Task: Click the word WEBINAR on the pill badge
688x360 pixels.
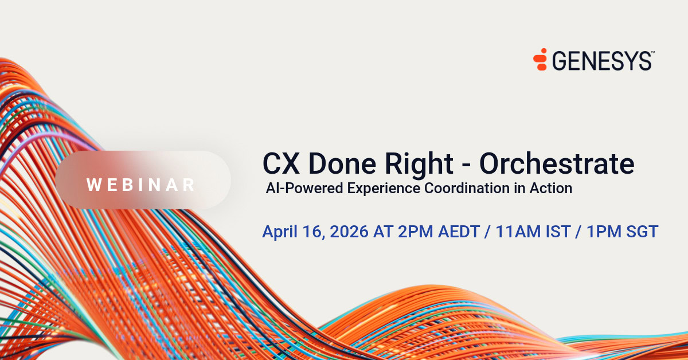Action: pos(141,185)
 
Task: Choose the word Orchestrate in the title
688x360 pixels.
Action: pos(557,164)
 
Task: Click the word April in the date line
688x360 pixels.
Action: pos(280,232)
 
